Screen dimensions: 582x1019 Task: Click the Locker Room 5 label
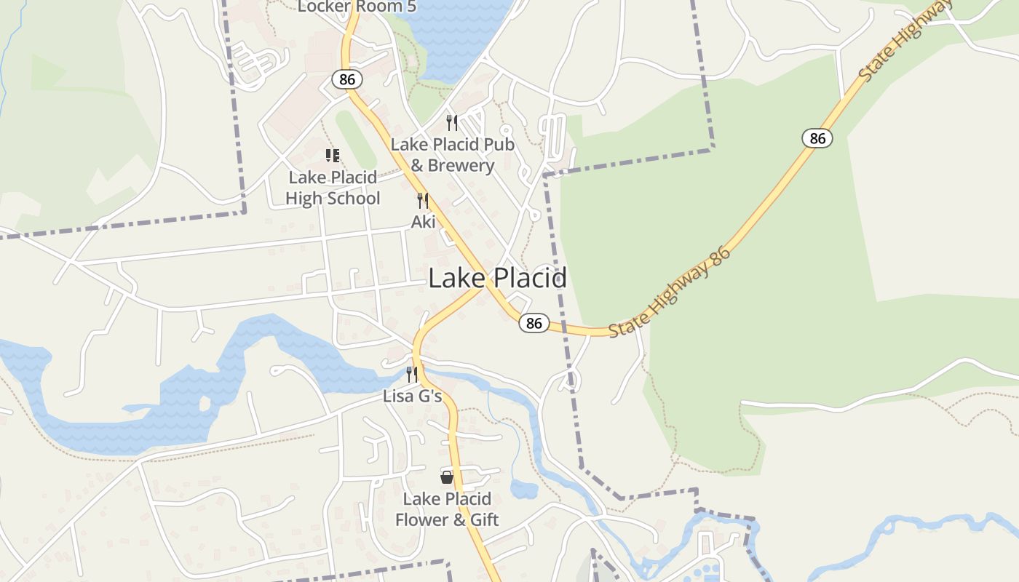[351, 7]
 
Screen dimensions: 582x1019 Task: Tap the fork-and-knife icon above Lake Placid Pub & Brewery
[452, 122]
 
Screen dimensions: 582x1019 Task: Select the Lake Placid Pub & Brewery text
[452, 155]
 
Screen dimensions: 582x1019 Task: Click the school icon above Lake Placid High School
[333, 155]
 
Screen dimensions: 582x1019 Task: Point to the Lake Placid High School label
[333, 188]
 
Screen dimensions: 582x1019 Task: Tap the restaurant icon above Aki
[423, 201]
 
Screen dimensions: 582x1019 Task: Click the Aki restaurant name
[423, 222]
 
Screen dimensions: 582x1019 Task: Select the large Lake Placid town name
[497, 278]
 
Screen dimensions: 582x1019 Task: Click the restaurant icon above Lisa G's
[412, 375]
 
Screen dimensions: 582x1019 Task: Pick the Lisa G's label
[412, 396]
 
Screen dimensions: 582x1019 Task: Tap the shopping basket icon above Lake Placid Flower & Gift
[447, 477]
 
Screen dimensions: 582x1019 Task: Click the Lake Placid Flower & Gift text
[447, 509]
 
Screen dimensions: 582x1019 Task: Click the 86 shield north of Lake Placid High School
[347, 79]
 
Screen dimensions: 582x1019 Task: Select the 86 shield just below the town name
[534, 323]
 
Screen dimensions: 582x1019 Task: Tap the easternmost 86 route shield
[817, 138]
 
